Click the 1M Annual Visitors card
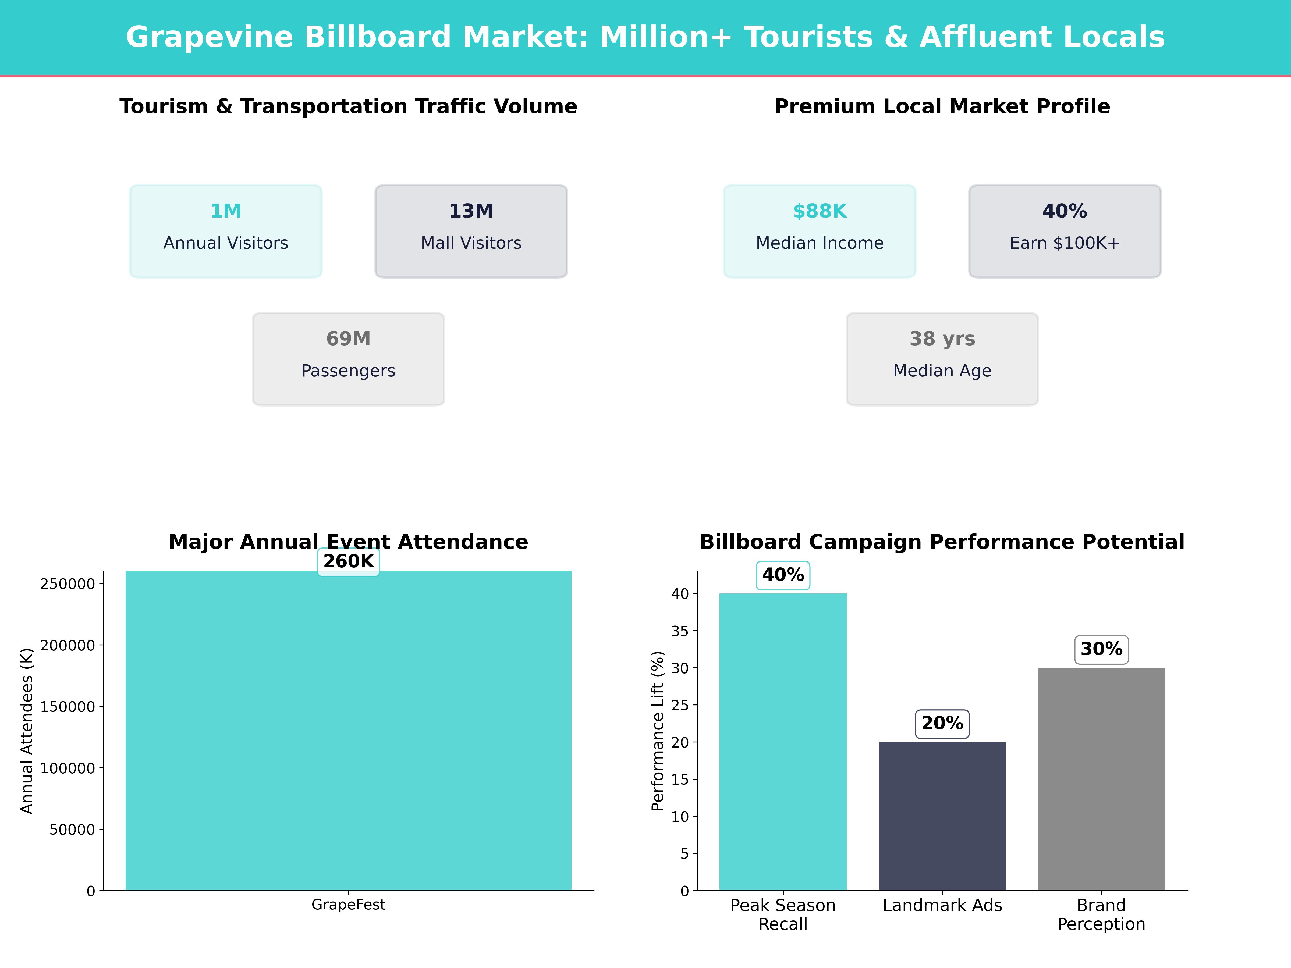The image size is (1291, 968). (226, 231)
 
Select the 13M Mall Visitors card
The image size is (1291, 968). (471, 231)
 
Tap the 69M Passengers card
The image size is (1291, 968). (348, 359)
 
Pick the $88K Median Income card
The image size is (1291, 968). (820, 231)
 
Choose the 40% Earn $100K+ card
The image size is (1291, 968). (1065, 231)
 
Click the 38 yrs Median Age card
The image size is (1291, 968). (942, 359)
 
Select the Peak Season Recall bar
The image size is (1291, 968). (783, 741)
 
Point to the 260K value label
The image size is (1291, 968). (348, 561)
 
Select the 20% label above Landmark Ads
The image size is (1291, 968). (942, 724)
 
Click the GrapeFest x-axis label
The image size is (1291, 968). (348, 905)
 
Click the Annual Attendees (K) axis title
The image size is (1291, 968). (27, 731)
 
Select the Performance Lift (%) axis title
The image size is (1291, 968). (658, 731)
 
